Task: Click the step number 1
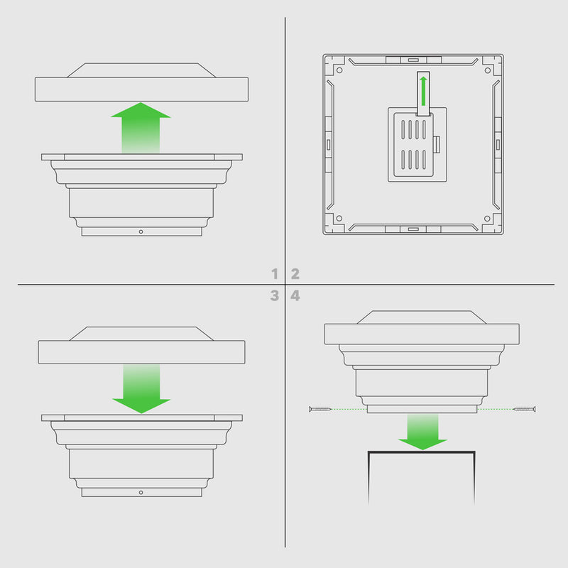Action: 275,273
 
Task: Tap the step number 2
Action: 295,273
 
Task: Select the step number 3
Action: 275,295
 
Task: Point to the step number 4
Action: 295,295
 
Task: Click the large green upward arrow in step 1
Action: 141,128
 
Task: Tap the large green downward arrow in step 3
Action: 141,388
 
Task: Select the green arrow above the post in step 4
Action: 422,432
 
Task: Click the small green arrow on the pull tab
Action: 423,91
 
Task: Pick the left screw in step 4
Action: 320,409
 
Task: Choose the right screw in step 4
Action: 525,409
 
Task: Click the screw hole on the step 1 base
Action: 141,231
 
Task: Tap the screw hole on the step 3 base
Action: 141,492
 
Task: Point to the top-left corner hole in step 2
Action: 339,70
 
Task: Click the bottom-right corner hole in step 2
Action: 487,219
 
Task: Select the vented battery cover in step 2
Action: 413,145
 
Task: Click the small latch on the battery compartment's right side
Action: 437,144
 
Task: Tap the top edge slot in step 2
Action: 413,60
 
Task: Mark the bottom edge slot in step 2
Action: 413,229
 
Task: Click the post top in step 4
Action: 422,452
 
